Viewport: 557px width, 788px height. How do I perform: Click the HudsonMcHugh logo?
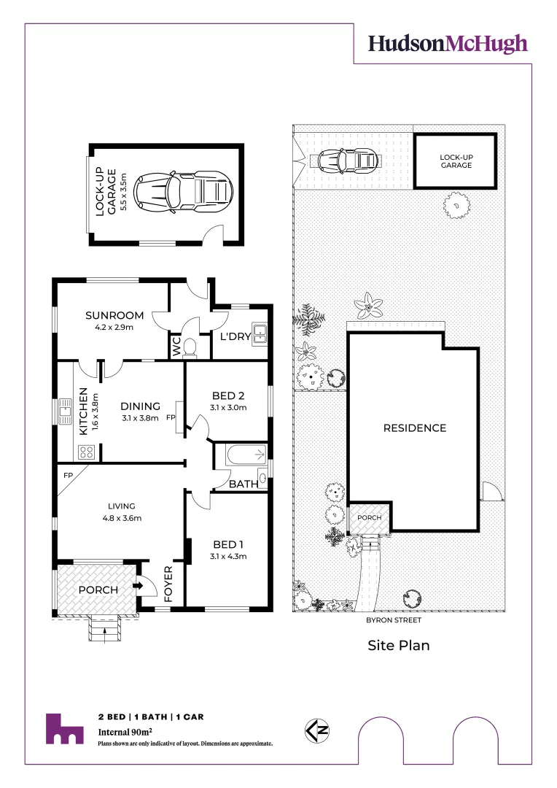point(447,44)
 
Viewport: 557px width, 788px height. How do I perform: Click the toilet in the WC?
point(190,347)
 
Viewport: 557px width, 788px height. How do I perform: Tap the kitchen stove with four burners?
point(85,452)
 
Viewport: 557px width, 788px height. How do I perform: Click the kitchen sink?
point(64,412)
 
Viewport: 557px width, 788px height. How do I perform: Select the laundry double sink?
point(259,333)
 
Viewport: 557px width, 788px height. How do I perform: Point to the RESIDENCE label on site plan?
point(414,428)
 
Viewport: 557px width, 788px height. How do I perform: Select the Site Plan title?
point(398,645)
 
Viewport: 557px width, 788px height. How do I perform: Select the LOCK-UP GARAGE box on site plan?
point(456,161)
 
